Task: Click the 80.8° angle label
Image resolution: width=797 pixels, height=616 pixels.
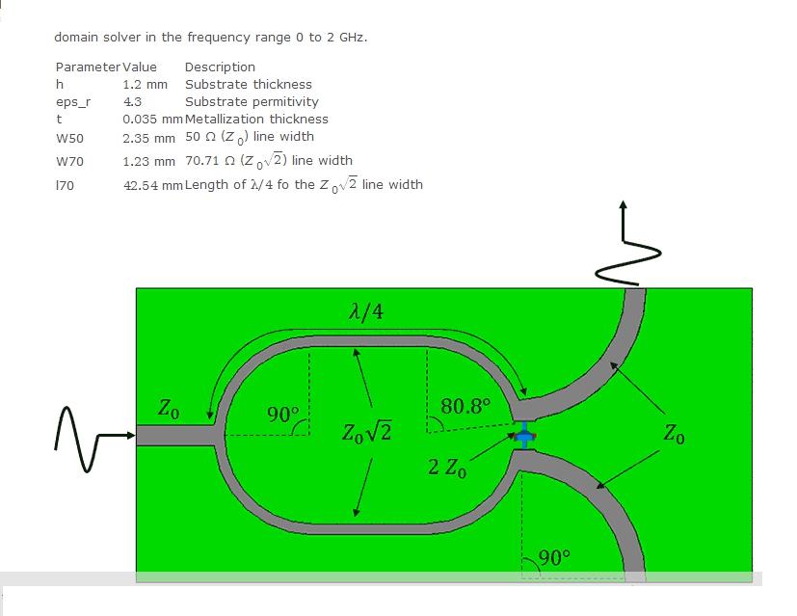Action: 465,406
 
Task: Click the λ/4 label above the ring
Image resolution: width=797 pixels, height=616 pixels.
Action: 366,311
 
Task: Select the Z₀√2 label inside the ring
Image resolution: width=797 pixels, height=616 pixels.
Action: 366,433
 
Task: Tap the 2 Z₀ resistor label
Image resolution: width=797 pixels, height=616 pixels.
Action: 447,468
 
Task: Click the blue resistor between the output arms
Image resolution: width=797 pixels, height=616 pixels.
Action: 525,436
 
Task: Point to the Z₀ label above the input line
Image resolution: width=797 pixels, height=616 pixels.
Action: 169,408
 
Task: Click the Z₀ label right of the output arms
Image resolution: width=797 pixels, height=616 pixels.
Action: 674,434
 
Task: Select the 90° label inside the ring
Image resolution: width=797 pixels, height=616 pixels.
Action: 283,415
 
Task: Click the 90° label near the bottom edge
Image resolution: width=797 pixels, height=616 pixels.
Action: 554,557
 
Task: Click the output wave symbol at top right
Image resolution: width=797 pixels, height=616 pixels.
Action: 627,244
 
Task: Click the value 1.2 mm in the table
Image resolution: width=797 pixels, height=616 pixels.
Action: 145,85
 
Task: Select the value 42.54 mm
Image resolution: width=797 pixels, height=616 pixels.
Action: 152,185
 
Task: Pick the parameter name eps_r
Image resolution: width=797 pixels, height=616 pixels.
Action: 73,102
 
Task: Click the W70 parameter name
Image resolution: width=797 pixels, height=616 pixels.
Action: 69,162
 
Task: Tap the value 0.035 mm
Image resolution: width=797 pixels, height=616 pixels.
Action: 152,119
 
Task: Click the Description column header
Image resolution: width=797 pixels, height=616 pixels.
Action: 220,67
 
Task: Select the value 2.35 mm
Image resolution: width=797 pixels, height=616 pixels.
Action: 148,138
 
